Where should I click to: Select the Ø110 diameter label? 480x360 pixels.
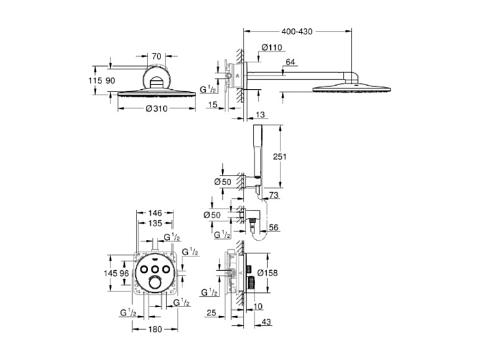click(x=272, y=47)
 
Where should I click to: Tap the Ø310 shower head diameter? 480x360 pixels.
click(x=156, y=109)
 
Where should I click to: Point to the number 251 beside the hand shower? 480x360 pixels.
click(x=279, y=157)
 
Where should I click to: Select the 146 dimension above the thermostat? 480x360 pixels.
click(x=156, y=213)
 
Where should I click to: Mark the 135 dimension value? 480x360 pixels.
click(x=156, y=223)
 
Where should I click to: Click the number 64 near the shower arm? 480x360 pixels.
click(x=289, y=63)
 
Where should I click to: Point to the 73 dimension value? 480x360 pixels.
click(x=274, y=195)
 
